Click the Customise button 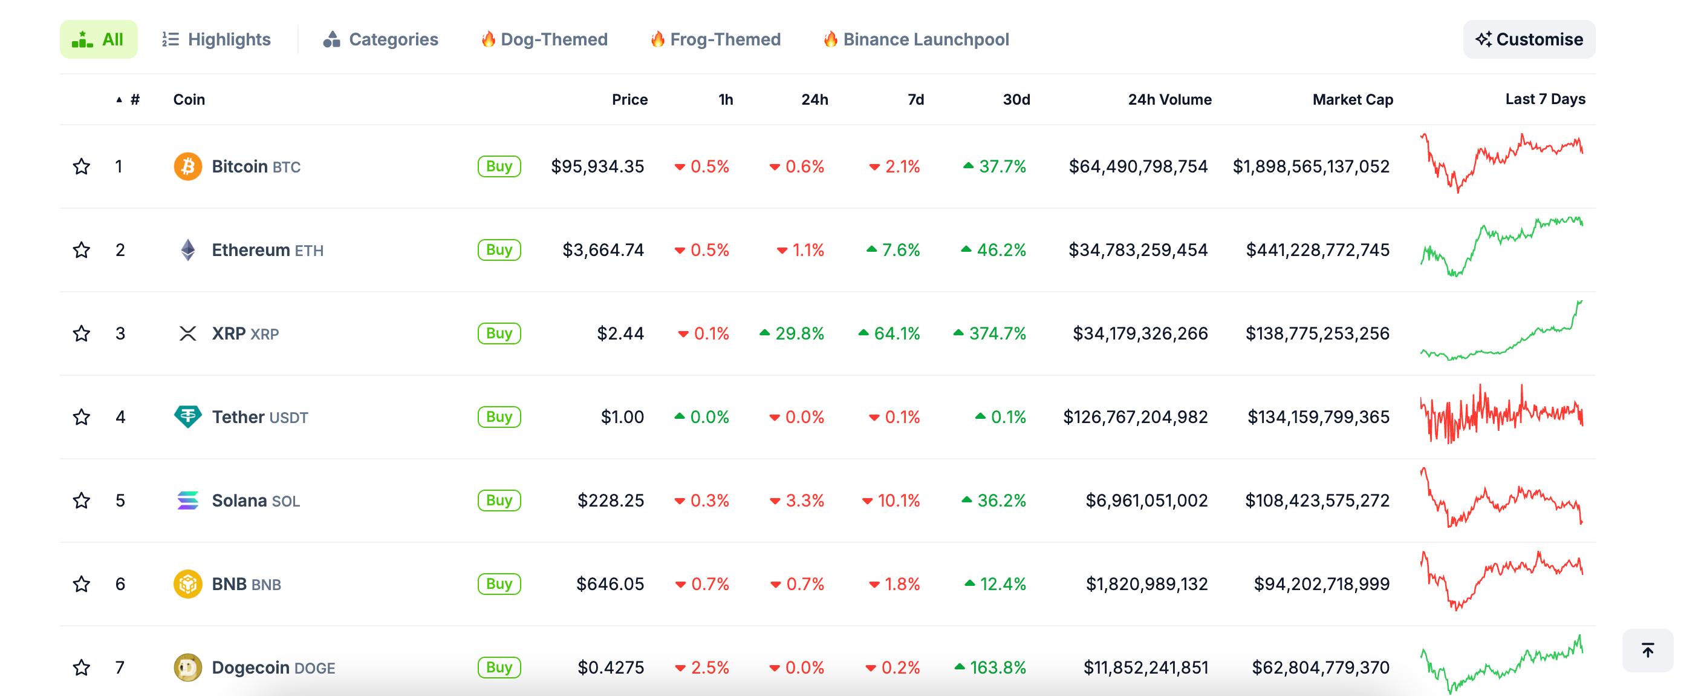(x=1529, y=39)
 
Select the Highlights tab (x=216, y=39)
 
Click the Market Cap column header (x=1352, y=99)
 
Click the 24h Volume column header (x=1169, y=99)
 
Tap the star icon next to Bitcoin (x=82, y=166)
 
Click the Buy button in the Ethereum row (x=499, y=250)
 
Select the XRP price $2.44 (x=620, y=333)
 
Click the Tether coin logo (x=188, y=416)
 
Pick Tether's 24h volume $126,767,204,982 (x=1136, y=417)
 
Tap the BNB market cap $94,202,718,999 (x=1321, y=583)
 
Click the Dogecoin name (x=250, y=668)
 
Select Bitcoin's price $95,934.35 (x=597, y=166)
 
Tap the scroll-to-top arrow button (x=1647, y=650)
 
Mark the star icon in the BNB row (x=82, y=583)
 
